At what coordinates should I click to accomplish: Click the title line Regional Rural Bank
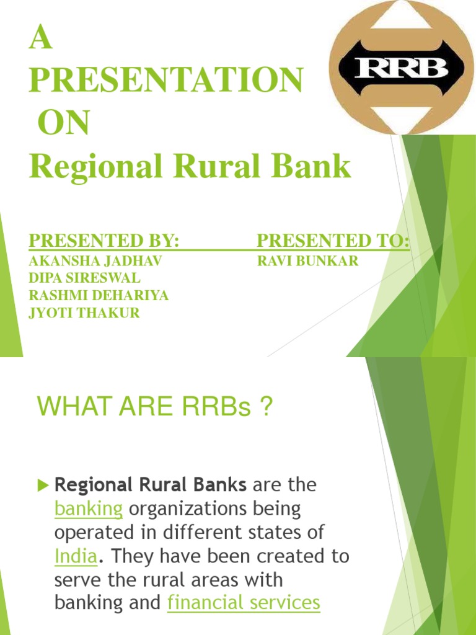[x=190, y=166]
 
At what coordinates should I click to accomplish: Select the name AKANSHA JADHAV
[x=95, y=261]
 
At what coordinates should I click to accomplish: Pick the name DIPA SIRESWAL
[x=84, y=278]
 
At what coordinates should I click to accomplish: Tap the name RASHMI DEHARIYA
[x=99, y=296]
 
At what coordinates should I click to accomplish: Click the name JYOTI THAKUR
[x=84, y=313]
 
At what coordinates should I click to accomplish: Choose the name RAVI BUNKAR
[x=307, y=261]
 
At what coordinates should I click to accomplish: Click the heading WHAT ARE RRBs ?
[x=154, y=407]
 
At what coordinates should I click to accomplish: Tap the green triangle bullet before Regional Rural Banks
[x=43, y=485]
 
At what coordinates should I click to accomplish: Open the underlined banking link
[x=89, y=509]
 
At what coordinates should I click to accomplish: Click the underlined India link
[x=76, y=556]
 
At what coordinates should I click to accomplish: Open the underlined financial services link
[x=244, y=603]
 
